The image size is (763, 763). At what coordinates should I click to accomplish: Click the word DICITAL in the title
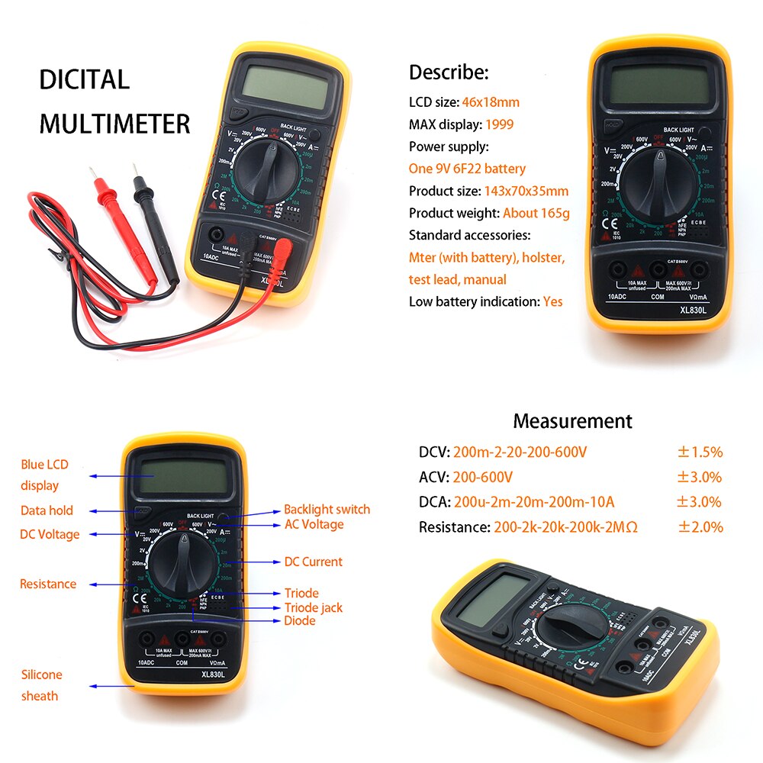coord(85,79)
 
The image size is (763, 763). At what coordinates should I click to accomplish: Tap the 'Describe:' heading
coord(448,72)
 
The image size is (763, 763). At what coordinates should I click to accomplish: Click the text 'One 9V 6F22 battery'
coord(467,169)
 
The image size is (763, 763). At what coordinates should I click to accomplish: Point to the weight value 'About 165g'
coord(536,213)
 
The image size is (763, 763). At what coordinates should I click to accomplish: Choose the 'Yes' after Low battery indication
coord(552,301)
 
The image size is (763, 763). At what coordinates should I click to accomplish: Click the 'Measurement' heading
coord(572,421)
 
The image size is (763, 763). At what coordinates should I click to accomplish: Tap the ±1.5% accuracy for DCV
coord(699,452)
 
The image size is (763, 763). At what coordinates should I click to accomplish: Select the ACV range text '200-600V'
coord(483,478)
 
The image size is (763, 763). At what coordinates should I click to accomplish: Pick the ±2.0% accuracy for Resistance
coord(699,527)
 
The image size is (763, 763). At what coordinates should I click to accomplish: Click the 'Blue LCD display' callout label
coord(43,475)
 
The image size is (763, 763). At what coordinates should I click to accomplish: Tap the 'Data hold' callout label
coord(47,510)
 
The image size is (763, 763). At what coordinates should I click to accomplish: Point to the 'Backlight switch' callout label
coord(327,509)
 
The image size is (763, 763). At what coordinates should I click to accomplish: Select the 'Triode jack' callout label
coord(314,607)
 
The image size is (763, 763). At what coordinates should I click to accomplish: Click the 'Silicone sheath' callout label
coord(41,684)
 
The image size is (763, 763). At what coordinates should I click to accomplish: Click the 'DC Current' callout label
coord(313,562)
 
